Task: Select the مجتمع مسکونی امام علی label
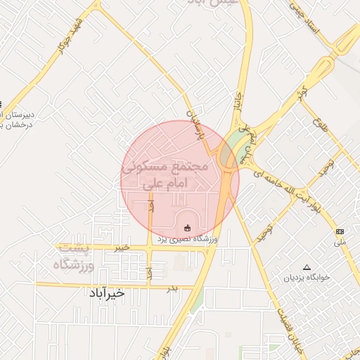tap(166, 176)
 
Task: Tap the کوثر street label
tap(302, 94)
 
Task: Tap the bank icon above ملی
tap(340, 231)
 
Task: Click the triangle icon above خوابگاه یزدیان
tap(306, 267)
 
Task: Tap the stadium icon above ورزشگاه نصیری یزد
tap(186, 227)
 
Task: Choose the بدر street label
tap(172, 288)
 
